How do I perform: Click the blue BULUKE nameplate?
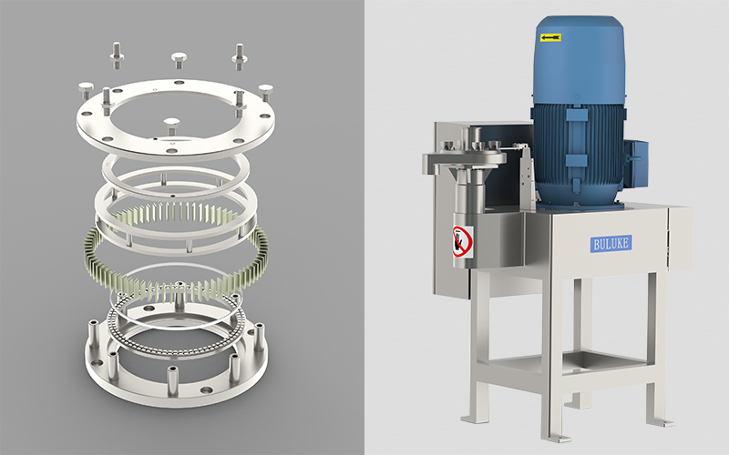point(611,243)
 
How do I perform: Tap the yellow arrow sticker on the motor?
point(550,37)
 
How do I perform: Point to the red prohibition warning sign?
point(463,241)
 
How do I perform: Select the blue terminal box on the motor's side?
point(635,163)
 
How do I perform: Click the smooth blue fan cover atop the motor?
point(579,59)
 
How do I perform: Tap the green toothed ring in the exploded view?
point(176,252)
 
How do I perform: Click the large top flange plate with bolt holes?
point(175,118)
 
